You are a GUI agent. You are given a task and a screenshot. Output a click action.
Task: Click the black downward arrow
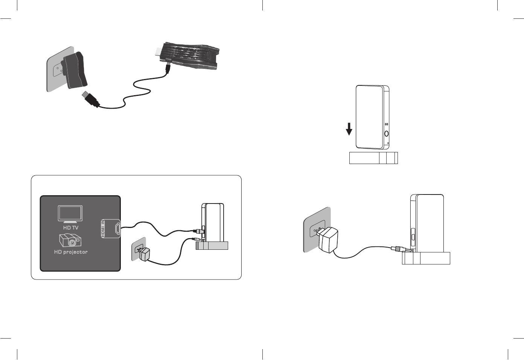point(349,129)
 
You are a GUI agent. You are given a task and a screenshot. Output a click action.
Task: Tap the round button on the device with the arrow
point(386,133)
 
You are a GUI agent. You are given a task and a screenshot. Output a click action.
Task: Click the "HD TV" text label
point(71,228)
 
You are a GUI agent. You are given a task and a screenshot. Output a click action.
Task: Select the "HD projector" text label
point(71,252)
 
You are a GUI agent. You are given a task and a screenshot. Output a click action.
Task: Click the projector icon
point(70,240)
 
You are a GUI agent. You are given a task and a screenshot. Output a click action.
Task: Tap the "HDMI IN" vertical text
point(103,228)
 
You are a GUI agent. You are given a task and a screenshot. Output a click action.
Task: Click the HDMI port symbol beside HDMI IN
point(117,228)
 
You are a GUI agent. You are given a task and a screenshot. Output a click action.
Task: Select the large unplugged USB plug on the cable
point(91,99)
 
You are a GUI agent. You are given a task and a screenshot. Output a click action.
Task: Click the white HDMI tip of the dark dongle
point(158,51)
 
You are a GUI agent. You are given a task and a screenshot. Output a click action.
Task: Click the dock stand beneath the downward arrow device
point(373,158)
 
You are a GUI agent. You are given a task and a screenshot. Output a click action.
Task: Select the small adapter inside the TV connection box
point(143,254)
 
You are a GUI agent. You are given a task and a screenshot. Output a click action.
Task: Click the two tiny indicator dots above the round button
point(386,125)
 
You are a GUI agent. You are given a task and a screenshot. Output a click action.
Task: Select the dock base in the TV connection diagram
point(212,246)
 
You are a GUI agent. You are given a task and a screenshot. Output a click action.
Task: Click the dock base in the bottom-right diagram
point(426,258)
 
